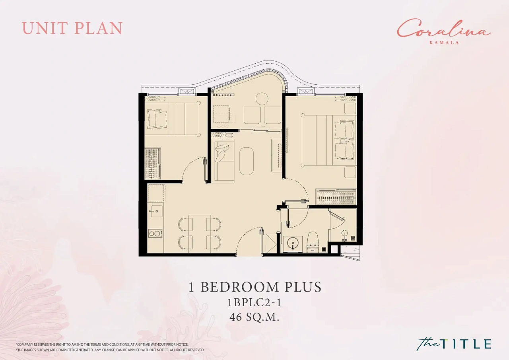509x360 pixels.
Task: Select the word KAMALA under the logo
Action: [x=444, y=42]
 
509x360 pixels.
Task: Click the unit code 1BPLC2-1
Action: [x=254, y=303]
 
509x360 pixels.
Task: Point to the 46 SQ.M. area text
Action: [x=254, y=317]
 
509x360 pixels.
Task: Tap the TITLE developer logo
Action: [x=454, y=343]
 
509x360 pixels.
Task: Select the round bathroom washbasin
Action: [x=293, y=244]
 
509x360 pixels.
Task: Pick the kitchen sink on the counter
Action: [x=156, y=211]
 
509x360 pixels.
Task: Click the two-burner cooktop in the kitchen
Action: [x=155, y=233]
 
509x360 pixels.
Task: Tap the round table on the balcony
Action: [x=262, y=99]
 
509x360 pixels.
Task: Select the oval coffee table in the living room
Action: [x=247, y=161]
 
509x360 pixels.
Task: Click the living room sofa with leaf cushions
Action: [x=223, y=160]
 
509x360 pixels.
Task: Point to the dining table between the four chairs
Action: [x=200, y=234]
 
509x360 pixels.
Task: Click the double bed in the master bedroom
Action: [x=328, y=140]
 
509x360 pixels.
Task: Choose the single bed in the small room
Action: [x=173, y=119]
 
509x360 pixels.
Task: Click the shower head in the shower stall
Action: [x=345, y=234]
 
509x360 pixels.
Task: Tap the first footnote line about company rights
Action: [x=102, y=344]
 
